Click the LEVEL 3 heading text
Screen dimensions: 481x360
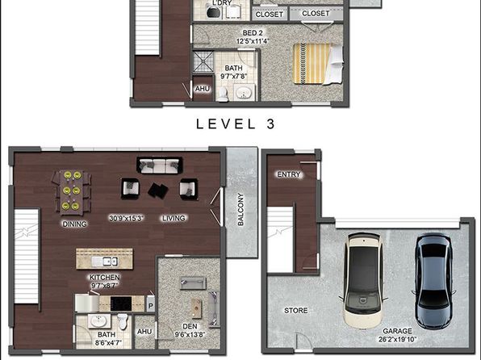click(236, 124)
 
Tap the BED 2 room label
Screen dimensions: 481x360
click(253, 33)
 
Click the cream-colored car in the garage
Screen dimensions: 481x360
click(363, 279)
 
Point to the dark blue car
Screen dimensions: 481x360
click(433, 281)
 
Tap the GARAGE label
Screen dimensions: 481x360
click(397, 331)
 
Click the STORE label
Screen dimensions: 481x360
click(295, 310)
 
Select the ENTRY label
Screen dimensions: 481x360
click(289, 174)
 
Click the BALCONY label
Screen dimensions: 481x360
click(240, 209)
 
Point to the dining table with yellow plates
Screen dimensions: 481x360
click(72, 191)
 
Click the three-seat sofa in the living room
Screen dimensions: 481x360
click(159, 165)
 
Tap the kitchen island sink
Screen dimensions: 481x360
click(104, 262)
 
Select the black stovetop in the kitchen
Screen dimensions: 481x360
click(121, 303)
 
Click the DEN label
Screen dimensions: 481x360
click(190, 326)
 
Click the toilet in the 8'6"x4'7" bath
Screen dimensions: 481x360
click(123, 321)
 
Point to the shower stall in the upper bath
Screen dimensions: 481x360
click(203, 61)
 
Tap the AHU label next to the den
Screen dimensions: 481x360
click(144, 332)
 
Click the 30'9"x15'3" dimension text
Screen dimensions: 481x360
click(127, 218)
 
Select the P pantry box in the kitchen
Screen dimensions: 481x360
click(150, 306)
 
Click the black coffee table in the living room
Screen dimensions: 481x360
click(157, 190)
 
